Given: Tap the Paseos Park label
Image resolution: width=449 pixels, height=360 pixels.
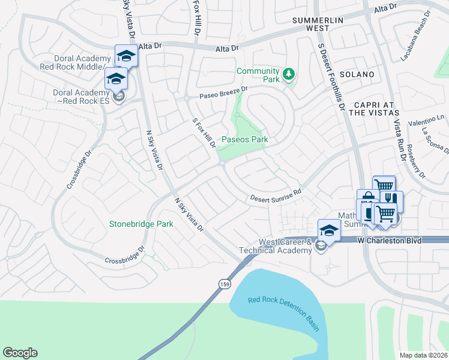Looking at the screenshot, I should (x=244, y=140).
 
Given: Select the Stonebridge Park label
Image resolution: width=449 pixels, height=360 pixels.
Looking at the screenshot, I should (x=141, y=224).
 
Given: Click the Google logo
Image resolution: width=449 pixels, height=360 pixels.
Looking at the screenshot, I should (x=20, y=353).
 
